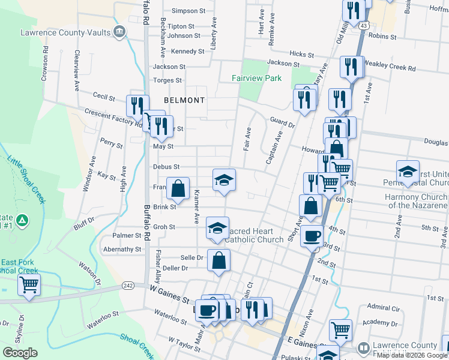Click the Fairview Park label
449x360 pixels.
[x=257, y=78]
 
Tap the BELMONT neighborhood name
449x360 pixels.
[x=184, y=100]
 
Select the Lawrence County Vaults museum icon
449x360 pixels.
[x=119, y=32]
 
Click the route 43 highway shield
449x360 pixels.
[x=364, y=26]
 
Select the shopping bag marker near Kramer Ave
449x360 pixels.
[x=178, y=188]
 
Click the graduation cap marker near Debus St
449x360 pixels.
[x=224, y=180]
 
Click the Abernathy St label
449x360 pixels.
[x=122, y=249]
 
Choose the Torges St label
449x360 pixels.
[x=167, y=80]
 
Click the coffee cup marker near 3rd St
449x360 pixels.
[x=312, y=235]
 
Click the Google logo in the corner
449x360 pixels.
[x=20, y=353]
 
